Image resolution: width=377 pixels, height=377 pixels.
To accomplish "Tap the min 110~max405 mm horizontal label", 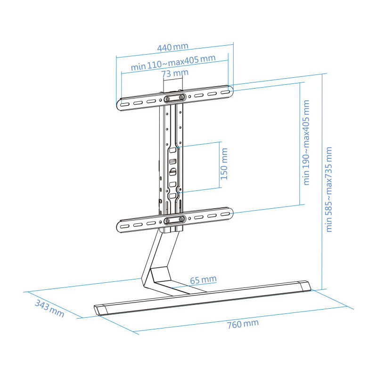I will [173, 62].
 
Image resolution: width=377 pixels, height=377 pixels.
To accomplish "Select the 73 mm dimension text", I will [175, 74].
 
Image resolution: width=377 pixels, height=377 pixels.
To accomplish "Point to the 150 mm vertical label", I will [224, 164].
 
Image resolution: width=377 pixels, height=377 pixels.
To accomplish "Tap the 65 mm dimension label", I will [203, 280].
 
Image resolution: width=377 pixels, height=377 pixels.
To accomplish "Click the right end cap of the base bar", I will [305, 286].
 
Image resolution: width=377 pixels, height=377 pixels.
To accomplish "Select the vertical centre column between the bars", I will [172, 160].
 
